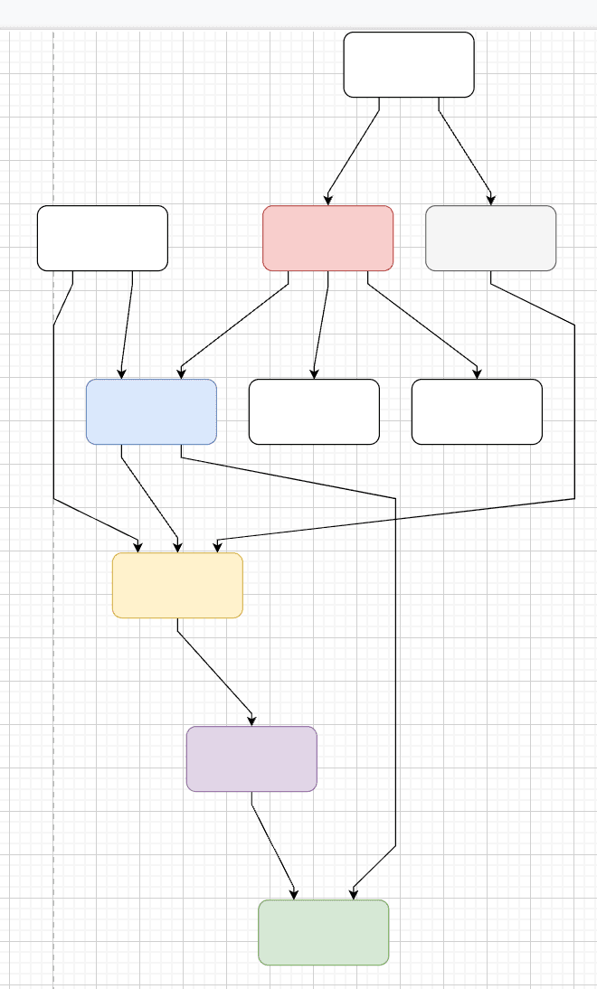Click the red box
pyautogui.click(x=327, y=238)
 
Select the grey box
pyautogui.click(x=490, y=238)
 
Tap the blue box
pyautogui.click(x=151, y=411)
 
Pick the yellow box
pyautogui.click(x=177, y=585)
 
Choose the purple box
pyautogui.click(x=251, y=758)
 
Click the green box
pyautogui.click(x=323, y=932)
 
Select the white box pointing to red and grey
pyautogui.click(x=409, y=64)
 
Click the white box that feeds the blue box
pyautogui.click(x=102, y=238)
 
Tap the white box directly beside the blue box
pyautogui.click(x=314, y=411)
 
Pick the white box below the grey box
pyautogui.click(x=477, y=411)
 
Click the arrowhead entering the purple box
pyautogui.click(x=252, y=721)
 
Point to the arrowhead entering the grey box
pyautogui.click(x=491, y=200)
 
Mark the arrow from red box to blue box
pyautogui.click(x=235, y=325)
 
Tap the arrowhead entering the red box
pyautogui.click(x=327, y=200)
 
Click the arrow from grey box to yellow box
pyautogui.click(x=574, y=407)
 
